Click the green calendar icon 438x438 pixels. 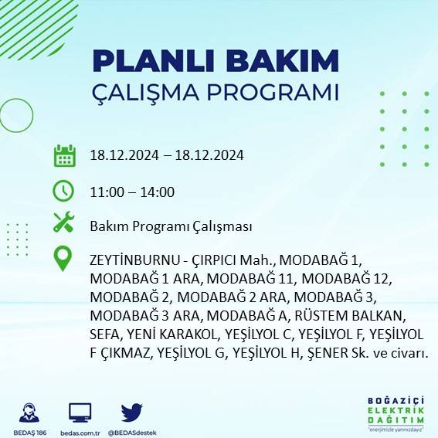63,155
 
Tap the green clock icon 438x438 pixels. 63,190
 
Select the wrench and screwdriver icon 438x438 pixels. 63,223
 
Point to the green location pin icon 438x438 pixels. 63,258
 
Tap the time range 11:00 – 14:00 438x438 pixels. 131,192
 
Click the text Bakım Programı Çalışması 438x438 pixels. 171,227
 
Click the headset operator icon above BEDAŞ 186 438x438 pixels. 30,413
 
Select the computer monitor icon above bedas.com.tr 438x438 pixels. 80,413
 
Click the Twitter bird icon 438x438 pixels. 132,413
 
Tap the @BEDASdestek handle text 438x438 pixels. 132,432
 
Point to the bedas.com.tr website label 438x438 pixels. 80,432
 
